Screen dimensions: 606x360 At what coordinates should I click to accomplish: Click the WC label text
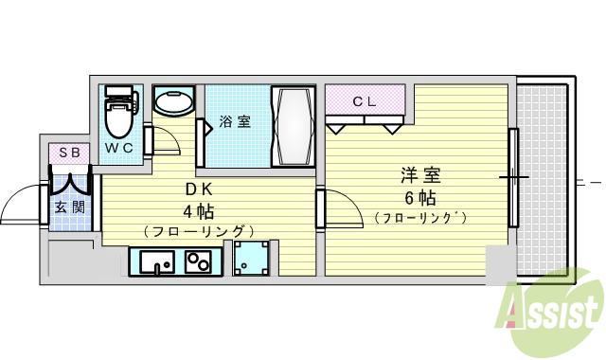pos(120,149)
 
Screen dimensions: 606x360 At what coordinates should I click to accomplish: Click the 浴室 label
pos(236,122)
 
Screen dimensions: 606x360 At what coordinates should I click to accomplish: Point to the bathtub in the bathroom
pos(292,127)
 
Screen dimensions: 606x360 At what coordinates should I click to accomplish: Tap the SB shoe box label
pos(70,152)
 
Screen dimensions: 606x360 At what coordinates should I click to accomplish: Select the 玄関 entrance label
pos(70,207)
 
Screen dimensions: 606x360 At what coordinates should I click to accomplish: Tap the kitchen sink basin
pos(155,261)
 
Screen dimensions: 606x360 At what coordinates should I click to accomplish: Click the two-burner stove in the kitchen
pos(199,261)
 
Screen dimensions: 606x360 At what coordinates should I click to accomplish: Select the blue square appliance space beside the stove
pos(251,256)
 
